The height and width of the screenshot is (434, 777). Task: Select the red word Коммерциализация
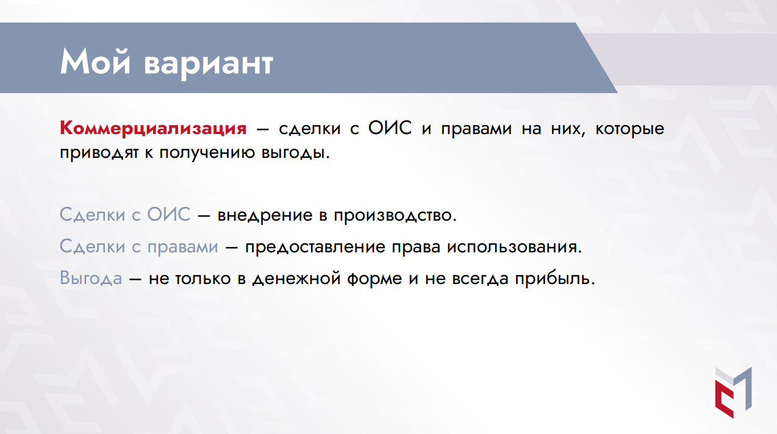pos(153,128)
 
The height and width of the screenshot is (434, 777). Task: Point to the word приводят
pos(99,153)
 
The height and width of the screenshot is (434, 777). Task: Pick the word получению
pos(207,153)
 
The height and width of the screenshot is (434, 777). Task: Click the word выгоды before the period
pos(293,153)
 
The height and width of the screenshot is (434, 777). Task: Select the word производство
pos(393,215)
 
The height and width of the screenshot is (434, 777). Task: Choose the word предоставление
pos(315,247)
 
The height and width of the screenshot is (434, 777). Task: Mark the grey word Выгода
pos(91,278)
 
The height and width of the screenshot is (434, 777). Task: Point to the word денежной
pos(296,279)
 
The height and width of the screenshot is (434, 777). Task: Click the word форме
pos(374,279)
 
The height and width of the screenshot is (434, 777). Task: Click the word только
pos(203,279)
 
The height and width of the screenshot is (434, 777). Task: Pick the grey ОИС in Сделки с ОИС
pos(168,214)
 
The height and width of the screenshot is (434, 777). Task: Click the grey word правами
pos(183,247)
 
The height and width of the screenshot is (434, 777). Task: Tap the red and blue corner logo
pos(733,393)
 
